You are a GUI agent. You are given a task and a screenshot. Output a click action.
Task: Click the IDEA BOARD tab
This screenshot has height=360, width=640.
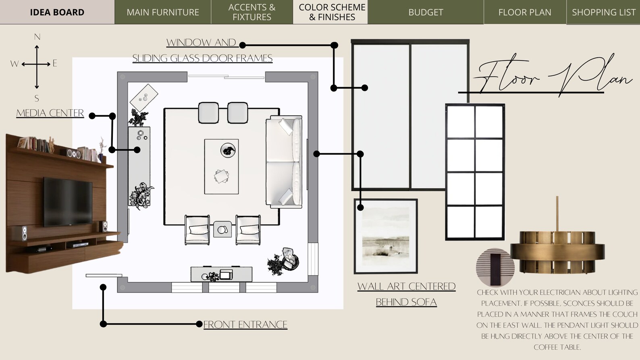tap(57, 12)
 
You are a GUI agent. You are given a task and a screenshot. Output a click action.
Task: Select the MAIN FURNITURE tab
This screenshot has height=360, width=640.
tap(163, 12)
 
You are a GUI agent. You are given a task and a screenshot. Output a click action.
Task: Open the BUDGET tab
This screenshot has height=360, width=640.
tap(426, 12)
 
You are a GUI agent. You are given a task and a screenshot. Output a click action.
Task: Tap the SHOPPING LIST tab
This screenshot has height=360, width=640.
tap(603, 12)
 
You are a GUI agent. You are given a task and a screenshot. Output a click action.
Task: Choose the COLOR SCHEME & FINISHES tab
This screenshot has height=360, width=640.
tap(332, 12)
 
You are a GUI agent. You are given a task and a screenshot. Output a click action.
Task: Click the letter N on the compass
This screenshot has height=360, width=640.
tap(37, 37)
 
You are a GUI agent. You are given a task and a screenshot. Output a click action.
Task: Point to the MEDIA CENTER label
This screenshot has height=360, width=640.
tap(50, 113)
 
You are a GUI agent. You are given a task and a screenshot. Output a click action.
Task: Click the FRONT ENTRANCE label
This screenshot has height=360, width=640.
tap(245, 325)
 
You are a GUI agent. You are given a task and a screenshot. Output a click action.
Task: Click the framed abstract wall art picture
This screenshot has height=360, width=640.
tap(386, 236)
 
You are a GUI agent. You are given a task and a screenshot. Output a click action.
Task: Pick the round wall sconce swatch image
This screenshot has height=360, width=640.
tap(495, 267)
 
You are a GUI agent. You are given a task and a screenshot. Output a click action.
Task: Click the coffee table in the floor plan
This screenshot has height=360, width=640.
tap(221, 166)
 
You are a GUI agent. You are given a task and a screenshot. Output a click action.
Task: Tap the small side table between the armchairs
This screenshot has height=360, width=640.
tap(222, 229)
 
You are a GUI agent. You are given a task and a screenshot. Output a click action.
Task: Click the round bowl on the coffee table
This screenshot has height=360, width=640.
tap(228, 150)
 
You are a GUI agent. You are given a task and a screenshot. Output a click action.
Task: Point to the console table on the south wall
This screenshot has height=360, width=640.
tap(221, 274)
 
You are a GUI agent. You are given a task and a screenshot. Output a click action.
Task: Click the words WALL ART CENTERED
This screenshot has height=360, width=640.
tap(406, 286)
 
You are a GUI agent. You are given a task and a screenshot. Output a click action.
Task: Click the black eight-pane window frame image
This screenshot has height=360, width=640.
tap(475, 172)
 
